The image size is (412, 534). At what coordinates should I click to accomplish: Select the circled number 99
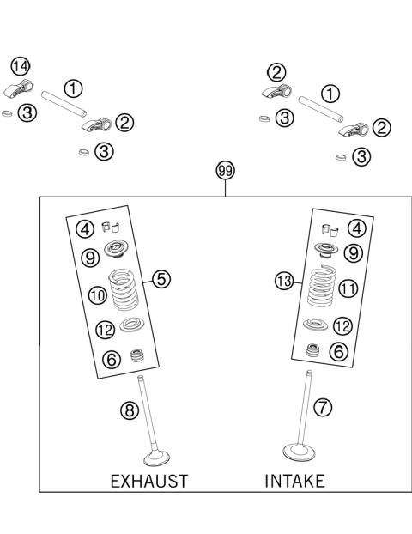click(225, 172)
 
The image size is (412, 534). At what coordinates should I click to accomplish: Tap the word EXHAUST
click(148, 481)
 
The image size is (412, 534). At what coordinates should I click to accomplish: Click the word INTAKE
click(294, 481)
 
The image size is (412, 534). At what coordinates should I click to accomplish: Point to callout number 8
click(129, 410)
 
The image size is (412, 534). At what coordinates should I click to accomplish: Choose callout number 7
click(324, 408)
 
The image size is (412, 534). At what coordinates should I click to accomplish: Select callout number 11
click(348, 289)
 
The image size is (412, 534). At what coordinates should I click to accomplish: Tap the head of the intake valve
click(297, 451)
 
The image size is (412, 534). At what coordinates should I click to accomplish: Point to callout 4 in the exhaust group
click(84, 229)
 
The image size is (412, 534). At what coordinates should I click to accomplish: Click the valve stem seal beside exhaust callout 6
click(134, 356)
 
